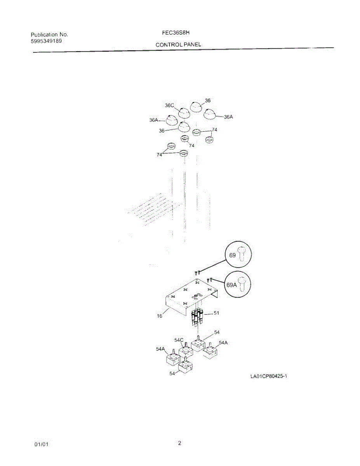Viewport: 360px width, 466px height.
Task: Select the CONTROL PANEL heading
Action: (178, 45)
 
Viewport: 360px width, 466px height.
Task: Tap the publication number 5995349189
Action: (46, 41)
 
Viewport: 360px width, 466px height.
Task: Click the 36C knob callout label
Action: (169, 105)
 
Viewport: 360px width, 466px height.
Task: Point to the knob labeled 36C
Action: (184, 113)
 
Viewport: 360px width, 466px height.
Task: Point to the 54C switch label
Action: (179, 340)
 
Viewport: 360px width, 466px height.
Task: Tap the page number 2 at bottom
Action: (179, 443)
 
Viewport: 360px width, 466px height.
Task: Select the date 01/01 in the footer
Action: (41, 444)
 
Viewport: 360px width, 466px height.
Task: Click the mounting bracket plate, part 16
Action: (186, 297)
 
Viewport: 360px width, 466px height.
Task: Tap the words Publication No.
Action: (49, 35)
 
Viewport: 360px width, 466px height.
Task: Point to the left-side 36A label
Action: (154, 120)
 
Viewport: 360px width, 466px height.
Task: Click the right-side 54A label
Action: (223, 343)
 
